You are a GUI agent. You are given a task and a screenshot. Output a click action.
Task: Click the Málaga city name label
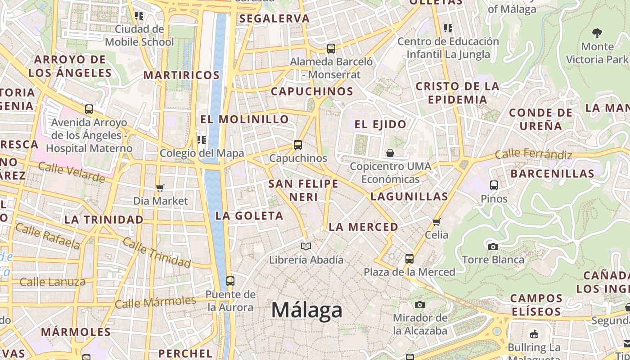307,310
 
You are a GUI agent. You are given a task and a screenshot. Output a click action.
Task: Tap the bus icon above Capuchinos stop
298,145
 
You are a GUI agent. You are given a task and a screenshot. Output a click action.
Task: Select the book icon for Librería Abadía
306,246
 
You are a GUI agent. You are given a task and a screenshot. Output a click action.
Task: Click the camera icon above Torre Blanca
493,247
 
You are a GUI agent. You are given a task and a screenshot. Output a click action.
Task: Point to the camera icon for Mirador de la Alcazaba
420,305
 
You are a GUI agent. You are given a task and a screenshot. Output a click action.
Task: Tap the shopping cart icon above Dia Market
160,188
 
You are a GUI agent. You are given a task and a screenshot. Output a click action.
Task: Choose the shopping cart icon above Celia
436,222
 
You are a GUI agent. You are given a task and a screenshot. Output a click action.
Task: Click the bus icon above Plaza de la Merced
409,259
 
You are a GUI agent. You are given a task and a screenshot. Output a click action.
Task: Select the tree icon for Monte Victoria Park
597,33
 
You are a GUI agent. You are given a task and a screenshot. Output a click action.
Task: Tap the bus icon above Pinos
494,185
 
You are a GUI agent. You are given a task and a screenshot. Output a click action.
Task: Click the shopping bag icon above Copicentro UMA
390,153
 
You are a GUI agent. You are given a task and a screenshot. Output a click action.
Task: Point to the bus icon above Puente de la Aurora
230,281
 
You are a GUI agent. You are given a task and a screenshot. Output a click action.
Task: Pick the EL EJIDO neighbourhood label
380,125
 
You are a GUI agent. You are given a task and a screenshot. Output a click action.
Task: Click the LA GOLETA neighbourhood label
249,216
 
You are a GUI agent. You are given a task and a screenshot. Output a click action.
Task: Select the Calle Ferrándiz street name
533,154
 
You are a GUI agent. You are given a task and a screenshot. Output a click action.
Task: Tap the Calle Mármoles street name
155,302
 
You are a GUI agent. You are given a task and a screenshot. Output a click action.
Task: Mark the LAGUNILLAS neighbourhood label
409,197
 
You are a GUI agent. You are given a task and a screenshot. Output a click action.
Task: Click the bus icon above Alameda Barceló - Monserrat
331,49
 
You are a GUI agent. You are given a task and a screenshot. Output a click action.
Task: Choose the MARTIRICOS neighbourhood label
182,75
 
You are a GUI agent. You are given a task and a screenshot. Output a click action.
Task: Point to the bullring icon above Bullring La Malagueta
534,334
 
